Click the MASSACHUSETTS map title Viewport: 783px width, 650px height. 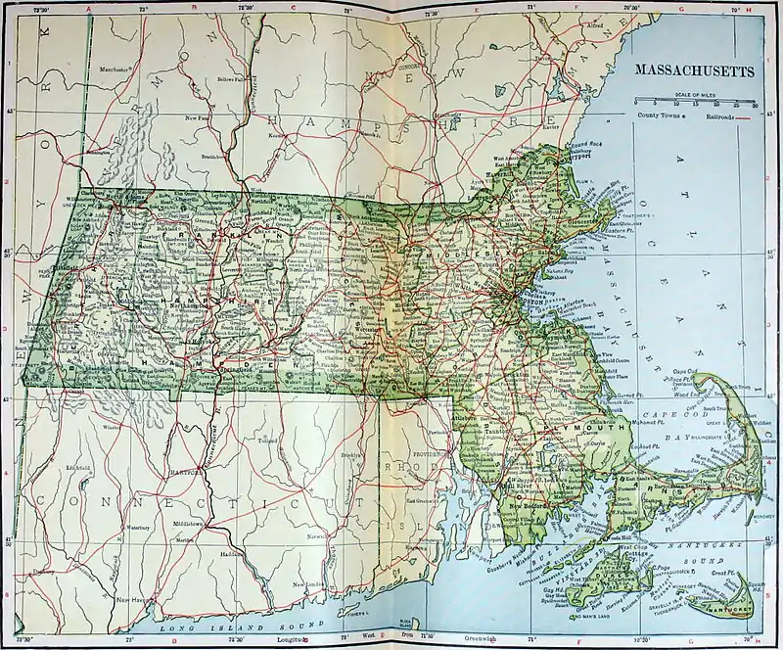point(695,71)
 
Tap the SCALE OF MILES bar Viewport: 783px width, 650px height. point(695,101)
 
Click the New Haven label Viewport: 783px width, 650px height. point(132,599)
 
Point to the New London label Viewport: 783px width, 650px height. point(309,584)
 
